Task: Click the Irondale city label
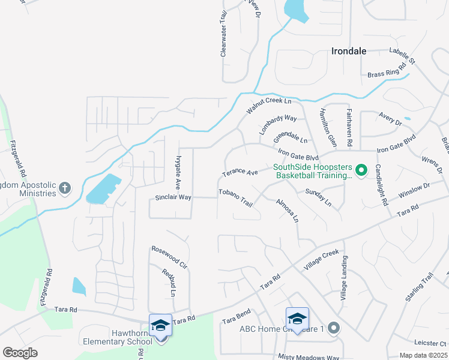[x=349, y=51]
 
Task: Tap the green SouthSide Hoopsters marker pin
[x=361, y=171]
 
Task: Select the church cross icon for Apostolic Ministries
[x=65, y=188]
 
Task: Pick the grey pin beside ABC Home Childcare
[x=334, y=328]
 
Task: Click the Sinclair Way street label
[x=173, y=197]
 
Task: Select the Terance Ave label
[x=240, y=173]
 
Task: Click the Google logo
[x=20, y=353]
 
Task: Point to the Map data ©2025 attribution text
[x=423, y=355]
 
